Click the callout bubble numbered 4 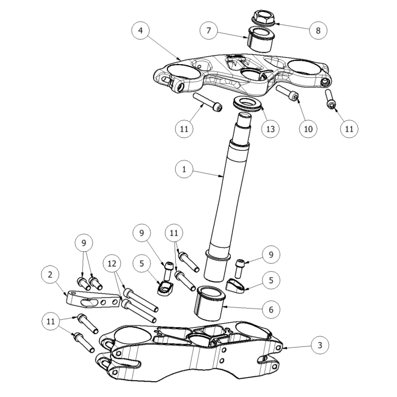141,31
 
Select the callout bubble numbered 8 318,31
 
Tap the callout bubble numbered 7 209,31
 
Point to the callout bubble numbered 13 271,129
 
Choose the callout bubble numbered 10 308,129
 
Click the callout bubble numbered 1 184,169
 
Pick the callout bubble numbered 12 112,264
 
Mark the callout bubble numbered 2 50,274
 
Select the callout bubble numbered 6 271,310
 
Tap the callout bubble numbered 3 320,345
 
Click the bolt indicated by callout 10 288,93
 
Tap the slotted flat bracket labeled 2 93,299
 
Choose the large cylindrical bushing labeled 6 210,303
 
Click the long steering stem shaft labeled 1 228,197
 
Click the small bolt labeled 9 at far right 239,268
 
